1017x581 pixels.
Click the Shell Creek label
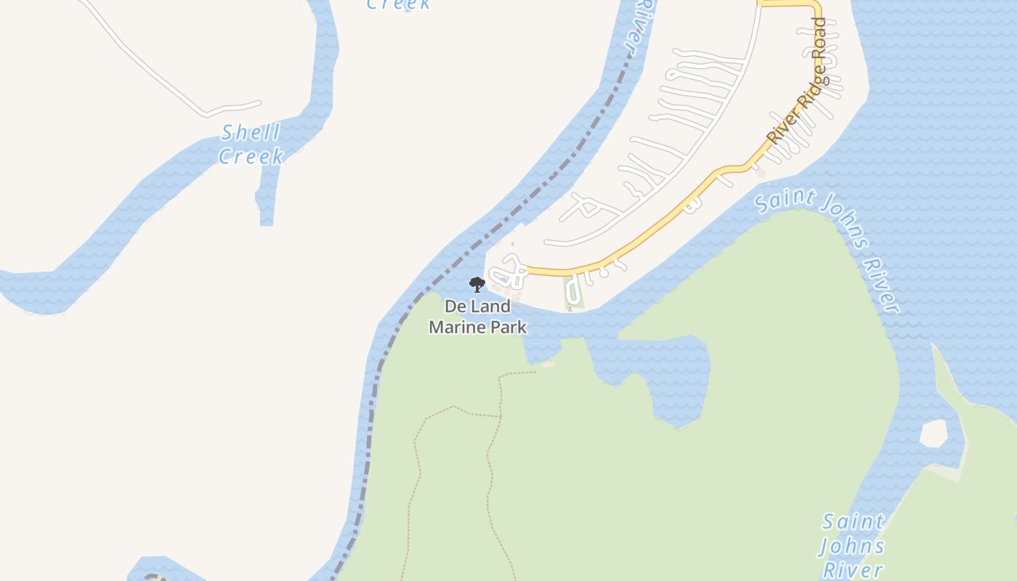pos(251,145)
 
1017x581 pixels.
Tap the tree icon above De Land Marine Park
pos(477,284)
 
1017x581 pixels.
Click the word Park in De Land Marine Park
pos(510,327)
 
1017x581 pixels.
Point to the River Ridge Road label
pos(798,81)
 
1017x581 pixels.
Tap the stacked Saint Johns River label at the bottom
pos(853,545)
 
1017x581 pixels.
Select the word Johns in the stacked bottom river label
pos(853,545)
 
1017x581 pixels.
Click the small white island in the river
pos(933,434)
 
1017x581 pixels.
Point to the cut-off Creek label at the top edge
pos(398,4)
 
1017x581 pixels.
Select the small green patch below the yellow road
pos(573,293)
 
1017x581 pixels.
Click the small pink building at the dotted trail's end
pos(548,365)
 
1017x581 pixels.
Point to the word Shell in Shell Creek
pos(251,133)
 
